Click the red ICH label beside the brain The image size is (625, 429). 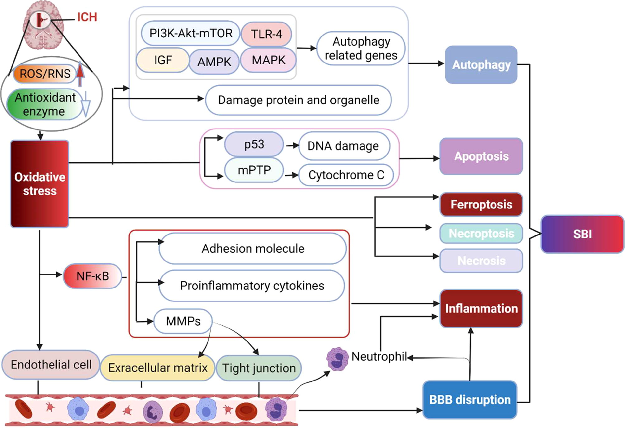(x=87, y=17)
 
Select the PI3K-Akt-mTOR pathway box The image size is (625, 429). (x=191, y=33)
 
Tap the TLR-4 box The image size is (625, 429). (x=267, y=34)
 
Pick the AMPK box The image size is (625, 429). (x=214, y=62)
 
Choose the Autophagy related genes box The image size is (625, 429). (x=361, y=49)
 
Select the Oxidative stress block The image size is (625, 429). (x=40, y=184)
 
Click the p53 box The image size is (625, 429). (x=254, y=144)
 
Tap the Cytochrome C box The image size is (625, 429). (x=346, y=175)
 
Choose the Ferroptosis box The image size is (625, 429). (x=481, y=205)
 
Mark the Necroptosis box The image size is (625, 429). (x=481, y=233)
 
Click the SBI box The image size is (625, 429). (x=582, y=234)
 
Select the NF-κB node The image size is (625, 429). (x=92, y=276)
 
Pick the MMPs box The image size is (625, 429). (x=183, y=321)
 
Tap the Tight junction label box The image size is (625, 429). (x=259, y=368)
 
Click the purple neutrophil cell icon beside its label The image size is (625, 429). (x=337, y=359)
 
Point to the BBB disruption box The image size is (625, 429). (x=470, y=400)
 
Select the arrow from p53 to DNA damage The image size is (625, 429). (x=292, y=145)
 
